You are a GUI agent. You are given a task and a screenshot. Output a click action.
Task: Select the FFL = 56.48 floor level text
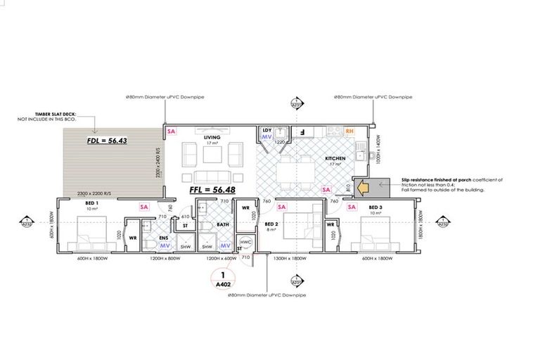pyautogui.click(x=215, y=190)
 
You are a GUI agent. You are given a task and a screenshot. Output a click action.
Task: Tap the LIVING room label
pyautogui.click(x=212, y=138)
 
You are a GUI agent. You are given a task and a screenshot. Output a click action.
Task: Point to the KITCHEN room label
pyautogui.click(x=335, y=160)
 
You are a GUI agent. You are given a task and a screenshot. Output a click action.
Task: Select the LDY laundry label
pyautogui.click(x=266, y=130)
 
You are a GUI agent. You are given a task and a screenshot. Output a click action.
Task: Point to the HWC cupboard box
pyautogui.click(x=246, y=241)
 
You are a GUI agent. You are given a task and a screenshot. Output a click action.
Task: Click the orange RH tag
pyautogui.click(x=349, y=131)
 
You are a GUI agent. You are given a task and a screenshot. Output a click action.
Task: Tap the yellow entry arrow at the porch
pyautogui.click(x=364, y=188)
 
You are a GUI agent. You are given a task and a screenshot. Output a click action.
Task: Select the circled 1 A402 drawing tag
pyautogui.click(x=223, y=279)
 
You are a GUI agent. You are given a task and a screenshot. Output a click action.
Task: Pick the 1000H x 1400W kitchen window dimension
pyautogui.click(x=377, y=150)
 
